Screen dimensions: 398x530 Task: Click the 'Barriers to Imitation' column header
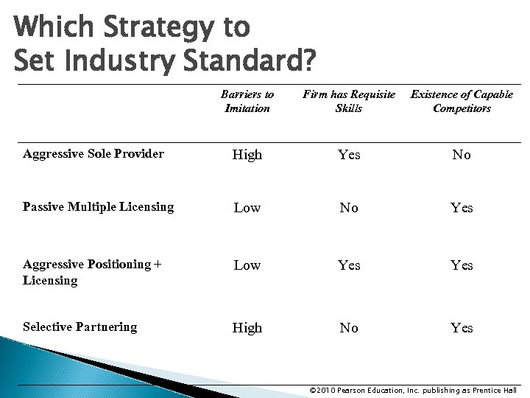[x=247, y=101]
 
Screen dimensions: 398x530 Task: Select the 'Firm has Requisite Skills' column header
[x=349, y=101]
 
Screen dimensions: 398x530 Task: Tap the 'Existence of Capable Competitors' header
[x=462, y=101]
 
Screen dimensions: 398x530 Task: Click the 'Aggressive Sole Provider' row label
[x=93, y=154]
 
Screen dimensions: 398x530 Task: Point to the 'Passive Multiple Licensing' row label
[x=99, y=207]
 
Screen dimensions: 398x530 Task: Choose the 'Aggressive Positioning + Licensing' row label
[x=92, y=272]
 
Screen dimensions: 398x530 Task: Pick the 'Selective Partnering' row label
[x=80, y=327]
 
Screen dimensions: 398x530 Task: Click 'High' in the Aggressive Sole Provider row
[x=247, y=155]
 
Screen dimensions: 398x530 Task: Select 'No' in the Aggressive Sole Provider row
[x=462, y=155]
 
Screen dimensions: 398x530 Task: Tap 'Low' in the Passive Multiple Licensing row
[x=247, y=208]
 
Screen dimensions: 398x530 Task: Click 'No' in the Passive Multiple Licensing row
[x=349, y=208]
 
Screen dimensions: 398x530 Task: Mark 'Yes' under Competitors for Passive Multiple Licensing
[x=462, y=208]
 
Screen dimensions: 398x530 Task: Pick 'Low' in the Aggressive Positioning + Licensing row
[x=247, y=265]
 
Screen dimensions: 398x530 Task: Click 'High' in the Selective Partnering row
[x=247, y=328]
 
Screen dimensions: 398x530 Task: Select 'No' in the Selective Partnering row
[x=349, y=328]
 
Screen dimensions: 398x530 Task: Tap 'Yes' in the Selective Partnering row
[x=462, y=328]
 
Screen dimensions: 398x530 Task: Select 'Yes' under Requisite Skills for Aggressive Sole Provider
[x=349, y=155]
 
